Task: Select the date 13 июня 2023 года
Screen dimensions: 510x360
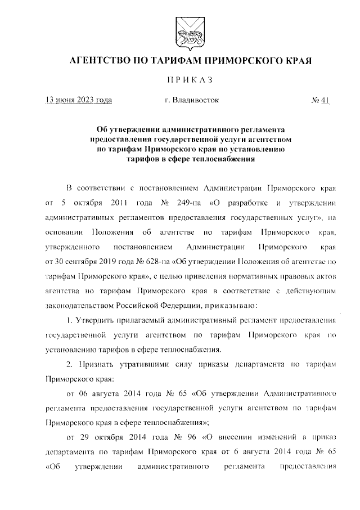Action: (79, 101)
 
